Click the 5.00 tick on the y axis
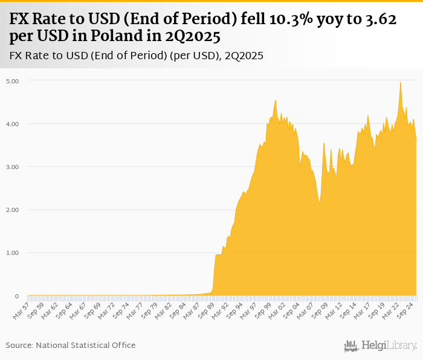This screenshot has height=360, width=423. click(13, 81)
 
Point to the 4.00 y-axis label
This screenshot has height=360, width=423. click(13, 124)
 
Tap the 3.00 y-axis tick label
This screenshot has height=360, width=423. click(13, 167)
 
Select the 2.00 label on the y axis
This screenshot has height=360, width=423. click(13, 210)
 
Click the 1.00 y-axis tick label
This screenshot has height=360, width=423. click(13, 253)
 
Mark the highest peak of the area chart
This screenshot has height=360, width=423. click(400, 83)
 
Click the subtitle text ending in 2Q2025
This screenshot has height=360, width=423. click(136, 56)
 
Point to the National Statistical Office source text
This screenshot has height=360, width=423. click(71, 345)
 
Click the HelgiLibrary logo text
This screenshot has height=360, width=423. click(389, 346)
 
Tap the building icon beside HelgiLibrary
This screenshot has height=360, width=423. click(350, 346)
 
